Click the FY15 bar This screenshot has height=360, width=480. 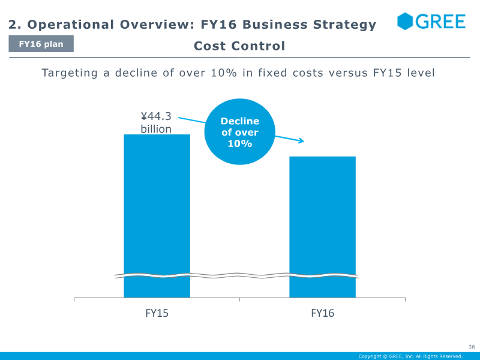[x=157, y=216]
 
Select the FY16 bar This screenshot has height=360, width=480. [x=323, y=227]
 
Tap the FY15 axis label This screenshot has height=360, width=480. [x=157, y=313]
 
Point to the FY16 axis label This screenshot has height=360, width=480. [x=323, y=313]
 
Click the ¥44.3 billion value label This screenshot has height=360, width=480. [x=156, y=122]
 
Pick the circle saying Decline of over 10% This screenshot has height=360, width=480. [x=239, y=131]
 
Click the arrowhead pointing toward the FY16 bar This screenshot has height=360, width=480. [x=301, y=140]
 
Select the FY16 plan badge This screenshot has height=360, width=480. [x=41, y=44]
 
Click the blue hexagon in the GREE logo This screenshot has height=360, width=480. [x=405, y=21]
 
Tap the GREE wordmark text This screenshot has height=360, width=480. [x=440, y=22]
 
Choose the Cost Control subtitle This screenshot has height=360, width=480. [x=239, y=46]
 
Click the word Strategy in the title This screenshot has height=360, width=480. [x=345, y=25]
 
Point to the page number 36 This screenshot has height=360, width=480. [x=472, y=347]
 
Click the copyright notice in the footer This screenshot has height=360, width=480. [x=410, y=356]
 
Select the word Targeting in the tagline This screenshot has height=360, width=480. [x=70, y=73]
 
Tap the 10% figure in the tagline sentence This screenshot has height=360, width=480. [x=224, y=73]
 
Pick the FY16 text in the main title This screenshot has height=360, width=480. [x=218, y=25]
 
